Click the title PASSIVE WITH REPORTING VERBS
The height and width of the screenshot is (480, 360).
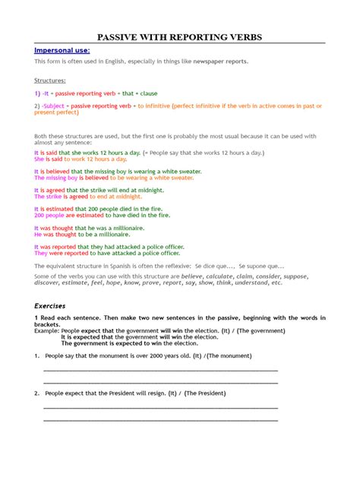point(179,38)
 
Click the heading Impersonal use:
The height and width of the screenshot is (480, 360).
point(61,49)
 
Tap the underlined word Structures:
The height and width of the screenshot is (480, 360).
point(50,79)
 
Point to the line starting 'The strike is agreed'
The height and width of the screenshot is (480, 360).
point(87,196)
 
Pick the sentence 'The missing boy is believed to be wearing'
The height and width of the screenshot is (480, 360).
point(113,178)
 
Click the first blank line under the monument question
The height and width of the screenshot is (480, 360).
point(160,369)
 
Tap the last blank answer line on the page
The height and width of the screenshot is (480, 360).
point(160,418)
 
